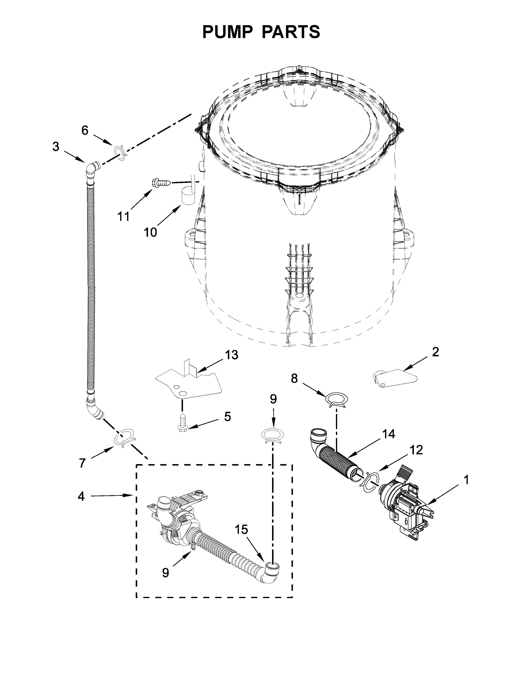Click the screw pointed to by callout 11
tap(161, 183)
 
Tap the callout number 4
tap(81, 497)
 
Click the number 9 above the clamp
tap(273, 399)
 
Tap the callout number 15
tap(241, 530)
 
